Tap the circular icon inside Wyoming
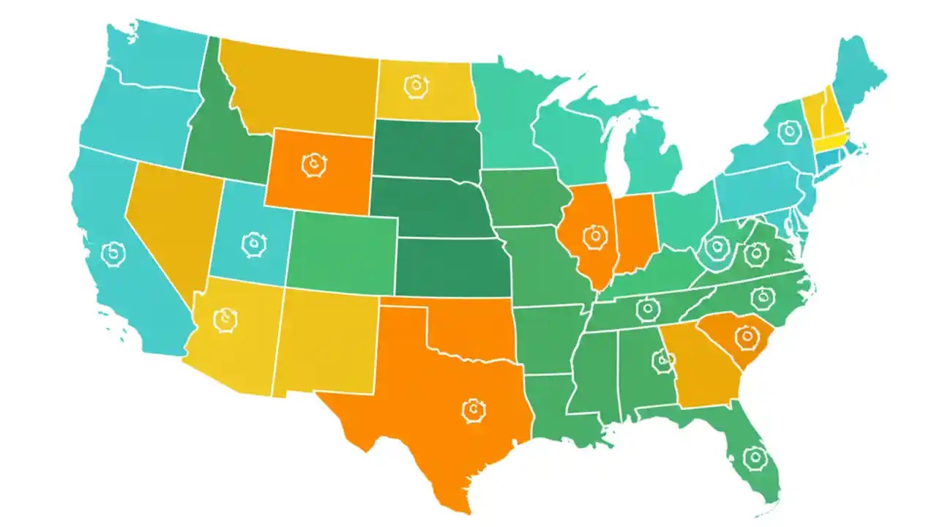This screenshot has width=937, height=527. click(314, 164)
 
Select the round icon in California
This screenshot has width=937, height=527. click(114, 254)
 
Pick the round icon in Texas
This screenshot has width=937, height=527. click(474, 409)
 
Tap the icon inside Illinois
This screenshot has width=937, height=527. click(594, 236)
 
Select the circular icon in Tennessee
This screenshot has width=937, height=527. click(647, 310)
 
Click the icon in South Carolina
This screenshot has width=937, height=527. click(747, 337)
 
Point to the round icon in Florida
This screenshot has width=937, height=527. click(753, 457)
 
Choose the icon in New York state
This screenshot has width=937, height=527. click(789, 132)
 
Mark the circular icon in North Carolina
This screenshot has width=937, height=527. click(762, 297)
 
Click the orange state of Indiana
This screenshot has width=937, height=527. click(634, 233)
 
